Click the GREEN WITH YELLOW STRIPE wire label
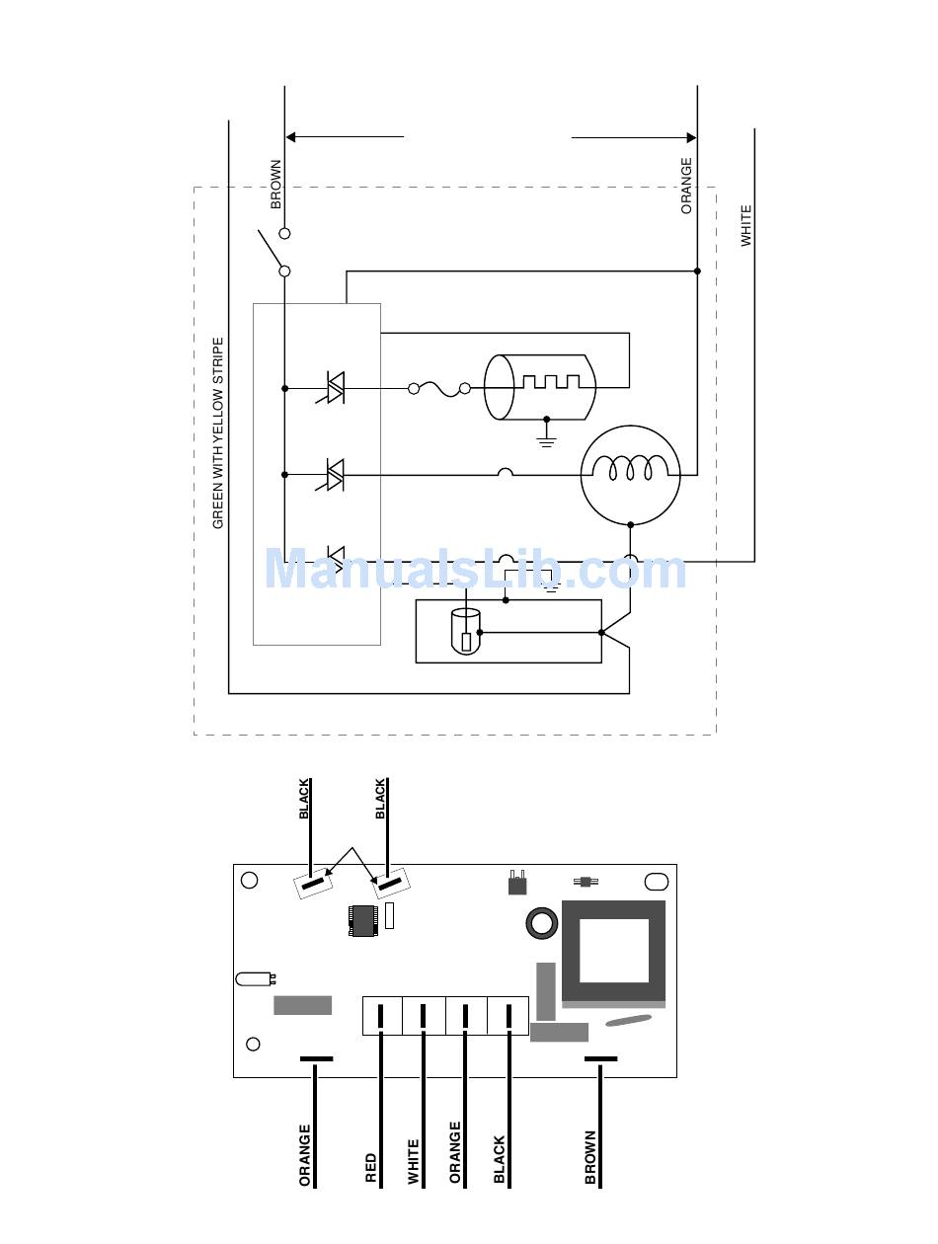pos(217,432)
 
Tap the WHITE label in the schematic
pos(745,225)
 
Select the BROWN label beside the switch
pos(275,184)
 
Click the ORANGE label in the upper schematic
pos(686,186)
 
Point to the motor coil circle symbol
pos(630,475)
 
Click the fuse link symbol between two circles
pos(439,388)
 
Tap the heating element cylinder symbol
pos(539,387)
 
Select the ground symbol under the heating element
pos(546,432)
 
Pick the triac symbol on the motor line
pos(331,475)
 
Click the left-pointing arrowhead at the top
pos(290,136)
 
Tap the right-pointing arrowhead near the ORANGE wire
pos(691,137)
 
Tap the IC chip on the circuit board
pos(362,921)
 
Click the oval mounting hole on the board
pos(657,882)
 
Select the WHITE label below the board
pos(413,1162)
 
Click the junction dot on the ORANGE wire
pos(697,271)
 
